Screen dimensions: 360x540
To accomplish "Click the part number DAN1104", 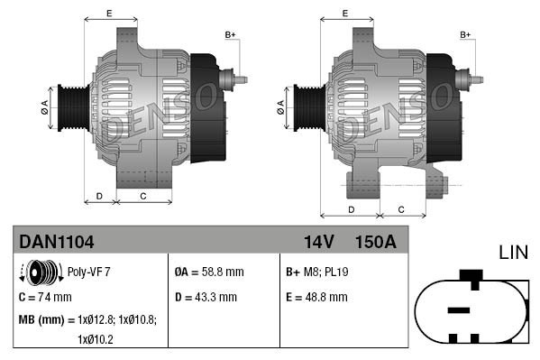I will click(56, 242).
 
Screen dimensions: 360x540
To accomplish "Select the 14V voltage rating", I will click(318, 242).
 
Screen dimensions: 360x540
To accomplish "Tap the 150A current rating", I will click(375, 242).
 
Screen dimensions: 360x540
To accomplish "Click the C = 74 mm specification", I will click(44, 296).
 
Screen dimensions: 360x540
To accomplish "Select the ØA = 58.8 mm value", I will click(208, 272).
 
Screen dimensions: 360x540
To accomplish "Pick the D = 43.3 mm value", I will click(205, 296).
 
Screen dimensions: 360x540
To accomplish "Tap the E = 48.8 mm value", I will click(316, 296).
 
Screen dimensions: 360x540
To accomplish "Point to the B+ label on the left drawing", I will click(230, 34).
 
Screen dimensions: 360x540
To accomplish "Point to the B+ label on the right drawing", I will click(466, 34).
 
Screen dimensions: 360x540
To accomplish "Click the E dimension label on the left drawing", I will click(109, 13).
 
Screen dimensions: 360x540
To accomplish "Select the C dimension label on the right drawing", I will click(400, 209).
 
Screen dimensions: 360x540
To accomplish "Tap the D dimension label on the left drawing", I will click(99, 196).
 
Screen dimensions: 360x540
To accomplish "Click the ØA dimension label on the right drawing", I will click(280, 106).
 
